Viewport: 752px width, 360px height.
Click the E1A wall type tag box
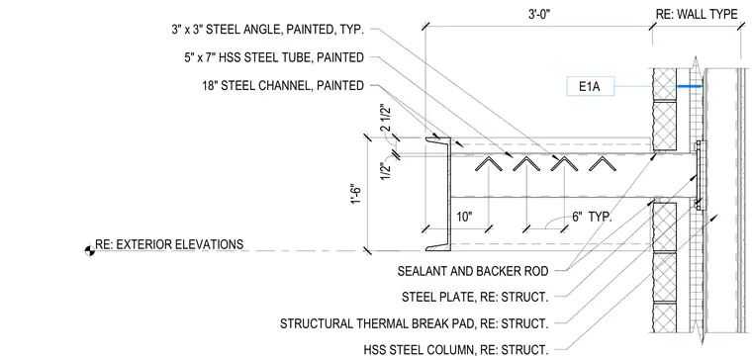[x=591, y=87]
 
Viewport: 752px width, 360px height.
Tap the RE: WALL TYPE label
[x=697, y=15]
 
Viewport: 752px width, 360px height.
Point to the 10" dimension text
[x=464, y=217]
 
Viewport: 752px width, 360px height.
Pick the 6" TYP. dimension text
[x=592, y=217]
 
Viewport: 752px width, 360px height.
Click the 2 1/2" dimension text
[x=385, y=119]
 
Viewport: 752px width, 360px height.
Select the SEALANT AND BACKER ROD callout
[x=473, y=271]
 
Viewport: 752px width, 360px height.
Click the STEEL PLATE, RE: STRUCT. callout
[x=475, y=298]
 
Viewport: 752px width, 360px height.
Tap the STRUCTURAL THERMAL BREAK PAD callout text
[x=414, y=323]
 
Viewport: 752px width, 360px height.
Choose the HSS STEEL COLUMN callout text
[x=456, y=348]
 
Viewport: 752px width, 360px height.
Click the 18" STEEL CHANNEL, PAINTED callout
[x=283, y=86]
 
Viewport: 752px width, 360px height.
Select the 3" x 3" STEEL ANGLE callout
[x=267, y=30]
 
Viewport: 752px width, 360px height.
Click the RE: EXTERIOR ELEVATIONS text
[x=169, y=244]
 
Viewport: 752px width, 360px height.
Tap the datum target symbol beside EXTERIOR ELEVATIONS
[x=90, y=250]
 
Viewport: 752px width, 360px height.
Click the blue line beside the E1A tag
[x=690, y=87]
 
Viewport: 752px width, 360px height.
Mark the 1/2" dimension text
[x=385, y=171]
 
